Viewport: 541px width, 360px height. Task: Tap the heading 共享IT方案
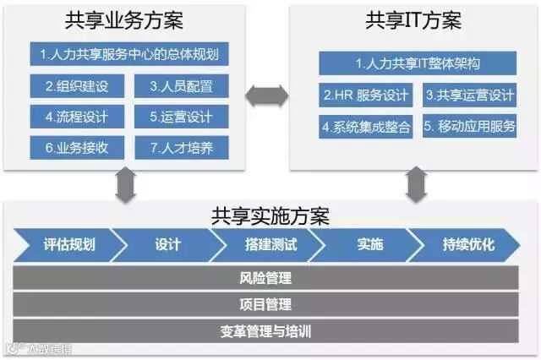point(414,20)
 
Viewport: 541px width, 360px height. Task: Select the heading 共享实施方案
point(270,215)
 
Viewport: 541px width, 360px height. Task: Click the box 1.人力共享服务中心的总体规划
point(129,55)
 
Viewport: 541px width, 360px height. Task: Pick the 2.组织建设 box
point(78,85)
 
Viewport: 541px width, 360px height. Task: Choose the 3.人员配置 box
point(181,85)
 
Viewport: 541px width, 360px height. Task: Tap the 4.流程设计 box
point(78,116)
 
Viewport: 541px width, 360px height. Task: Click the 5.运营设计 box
point(181,116)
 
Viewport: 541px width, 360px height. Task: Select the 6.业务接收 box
point(78,146)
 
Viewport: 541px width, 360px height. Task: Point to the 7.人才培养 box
point(181,146)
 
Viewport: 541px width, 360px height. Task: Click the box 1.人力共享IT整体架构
point(417,63)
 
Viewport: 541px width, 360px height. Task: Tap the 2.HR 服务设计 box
point(366,95)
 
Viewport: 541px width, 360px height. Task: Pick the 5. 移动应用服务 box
point(469,127)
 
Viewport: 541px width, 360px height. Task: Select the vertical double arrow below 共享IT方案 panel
point(416,186)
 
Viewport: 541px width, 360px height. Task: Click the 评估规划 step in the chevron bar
point(68,245)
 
